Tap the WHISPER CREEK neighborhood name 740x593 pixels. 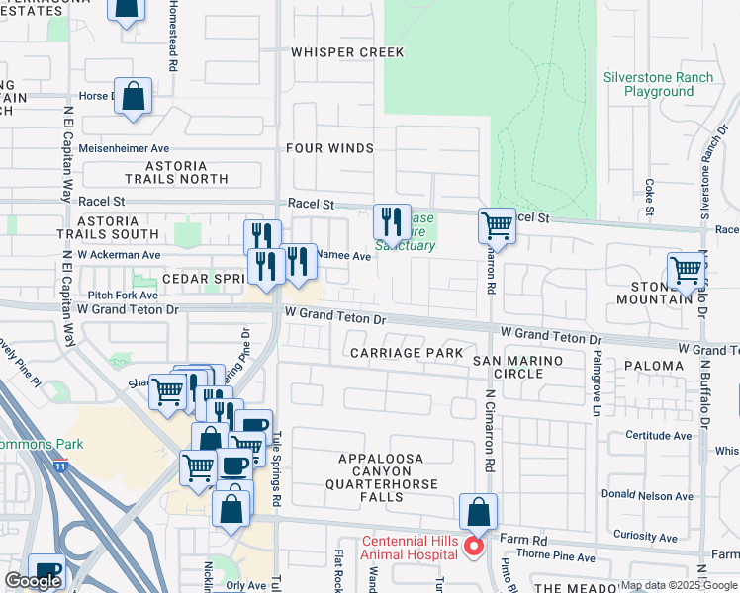[x=333, y=51]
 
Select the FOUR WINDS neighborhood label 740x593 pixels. [x=329, y=148]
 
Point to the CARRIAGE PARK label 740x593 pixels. [x=406, y=353]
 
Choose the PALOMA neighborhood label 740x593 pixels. [x=653, y=366]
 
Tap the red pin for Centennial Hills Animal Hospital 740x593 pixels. [x=473, y=547]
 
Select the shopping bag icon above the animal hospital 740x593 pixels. [x=478, y=512]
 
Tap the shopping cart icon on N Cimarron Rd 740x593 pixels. [x=497, y=225]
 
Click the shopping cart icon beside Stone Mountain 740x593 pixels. [x=685, y=270]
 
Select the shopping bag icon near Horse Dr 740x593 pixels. [x=133, y=95]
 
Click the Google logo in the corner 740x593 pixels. [x=33, y=581]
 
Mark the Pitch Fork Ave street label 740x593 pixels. [x=123, y=296]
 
